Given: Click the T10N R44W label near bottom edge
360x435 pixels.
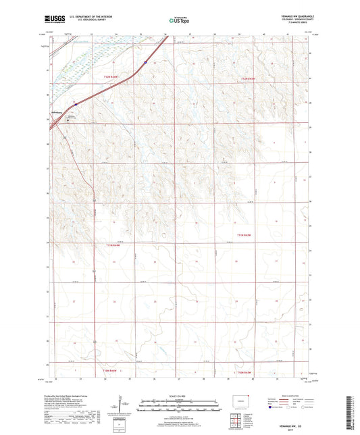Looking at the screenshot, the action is (109, 372).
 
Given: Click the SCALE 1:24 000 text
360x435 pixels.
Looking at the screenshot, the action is (179, 395).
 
